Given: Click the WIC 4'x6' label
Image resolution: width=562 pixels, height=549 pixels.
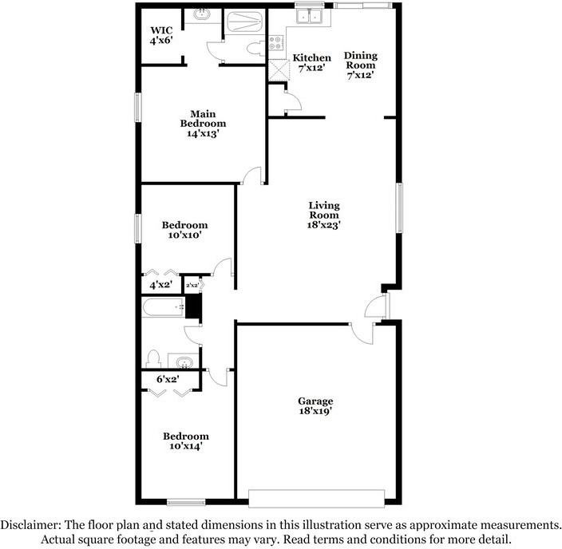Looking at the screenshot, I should click(x=161, y=34).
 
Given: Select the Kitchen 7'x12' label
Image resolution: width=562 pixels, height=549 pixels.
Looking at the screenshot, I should click(x=311, y=63).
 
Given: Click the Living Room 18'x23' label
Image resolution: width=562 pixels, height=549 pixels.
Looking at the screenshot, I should click(x=324, y=215).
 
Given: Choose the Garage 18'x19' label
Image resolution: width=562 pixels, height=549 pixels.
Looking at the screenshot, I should click(x=315, y=406).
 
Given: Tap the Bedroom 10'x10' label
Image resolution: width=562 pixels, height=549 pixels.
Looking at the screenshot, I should click(x=184, y=230).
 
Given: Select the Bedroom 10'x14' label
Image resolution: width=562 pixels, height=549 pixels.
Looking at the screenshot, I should click(x=185, y=441).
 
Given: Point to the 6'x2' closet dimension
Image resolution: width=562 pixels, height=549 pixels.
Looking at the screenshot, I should click(x=167, y=380).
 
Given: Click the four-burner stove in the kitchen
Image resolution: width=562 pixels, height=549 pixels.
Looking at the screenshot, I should click(x=277, y=43).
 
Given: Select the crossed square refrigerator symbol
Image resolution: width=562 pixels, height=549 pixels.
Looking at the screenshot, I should click(x=277, y=69).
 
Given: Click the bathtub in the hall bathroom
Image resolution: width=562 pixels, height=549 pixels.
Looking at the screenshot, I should click(x=163, y=307).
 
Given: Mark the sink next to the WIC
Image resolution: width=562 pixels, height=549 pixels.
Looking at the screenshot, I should click(x=202, y=16).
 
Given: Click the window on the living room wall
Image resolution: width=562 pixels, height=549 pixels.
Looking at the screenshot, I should click(x=398, y=208).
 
